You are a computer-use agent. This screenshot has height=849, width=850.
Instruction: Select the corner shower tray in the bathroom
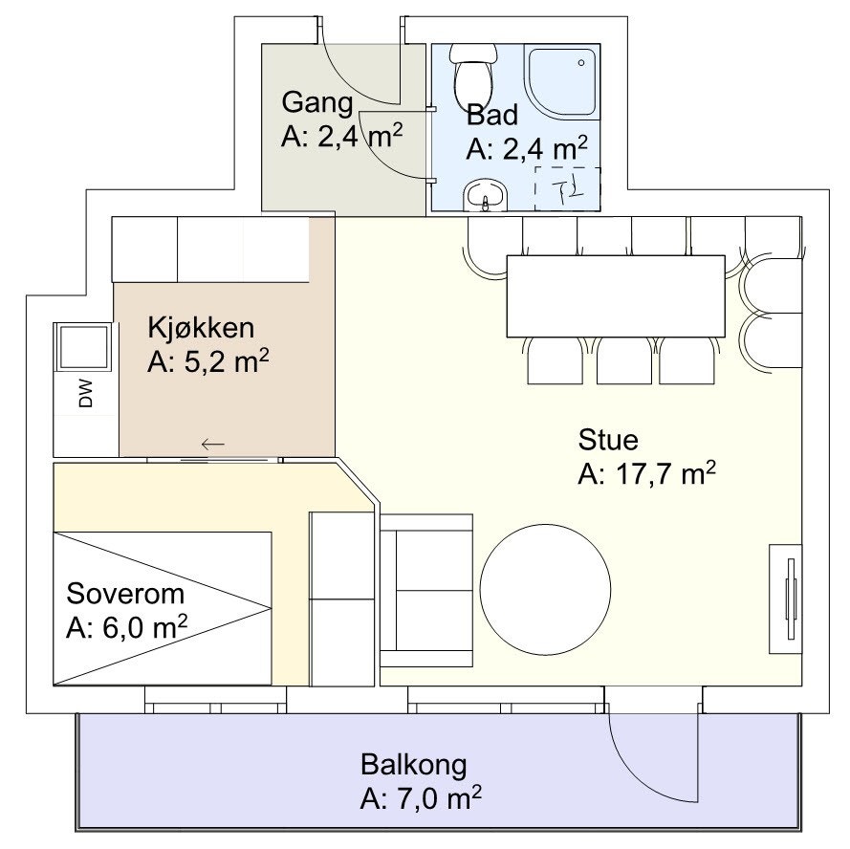562,80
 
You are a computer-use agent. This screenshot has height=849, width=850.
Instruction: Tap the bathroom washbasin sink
487,196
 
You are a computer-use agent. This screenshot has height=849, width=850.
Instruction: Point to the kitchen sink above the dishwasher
84,347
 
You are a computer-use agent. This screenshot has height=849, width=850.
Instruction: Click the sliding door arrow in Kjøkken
212,444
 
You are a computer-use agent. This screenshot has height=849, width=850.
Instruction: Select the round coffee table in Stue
545,585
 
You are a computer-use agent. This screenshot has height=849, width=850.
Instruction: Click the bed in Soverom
163,608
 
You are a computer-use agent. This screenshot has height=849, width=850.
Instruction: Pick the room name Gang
316,102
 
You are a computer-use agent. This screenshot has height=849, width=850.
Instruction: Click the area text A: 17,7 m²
646,474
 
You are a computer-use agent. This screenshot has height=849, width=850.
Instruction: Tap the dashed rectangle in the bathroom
568,187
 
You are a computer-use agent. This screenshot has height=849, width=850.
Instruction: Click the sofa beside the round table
426,590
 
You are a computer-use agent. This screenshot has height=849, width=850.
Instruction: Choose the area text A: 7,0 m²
421,798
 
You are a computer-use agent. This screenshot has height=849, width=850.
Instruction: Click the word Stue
607,441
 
